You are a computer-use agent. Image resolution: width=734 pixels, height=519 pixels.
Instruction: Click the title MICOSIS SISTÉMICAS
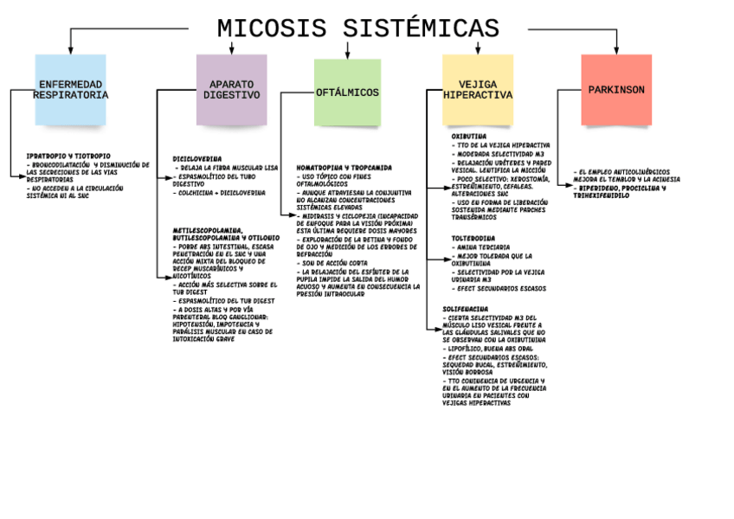357,29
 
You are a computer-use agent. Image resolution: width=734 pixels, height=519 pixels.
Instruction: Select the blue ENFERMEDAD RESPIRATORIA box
70,90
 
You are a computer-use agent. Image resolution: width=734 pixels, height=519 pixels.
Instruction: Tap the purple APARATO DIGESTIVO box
231,90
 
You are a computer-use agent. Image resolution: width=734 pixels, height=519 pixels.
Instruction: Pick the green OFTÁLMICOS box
347,92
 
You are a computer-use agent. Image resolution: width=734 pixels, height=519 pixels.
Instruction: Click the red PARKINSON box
616,90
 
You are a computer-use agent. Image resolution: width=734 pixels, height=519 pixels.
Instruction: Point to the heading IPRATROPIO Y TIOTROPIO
68,156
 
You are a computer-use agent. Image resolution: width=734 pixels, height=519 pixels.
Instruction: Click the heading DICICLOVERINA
197,159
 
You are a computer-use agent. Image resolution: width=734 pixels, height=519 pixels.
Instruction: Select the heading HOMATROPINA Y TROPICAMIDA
344,168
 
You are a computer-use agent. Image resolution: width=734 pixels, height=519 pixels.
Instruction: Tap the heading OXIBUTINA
468,136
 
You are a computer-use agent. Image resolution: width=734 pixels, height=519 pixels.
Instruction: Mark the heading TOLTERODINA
473,238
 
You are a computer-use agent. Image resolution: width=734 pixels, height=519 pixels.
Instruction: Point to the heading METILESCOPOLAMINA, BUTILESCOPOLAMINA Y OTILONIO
226,234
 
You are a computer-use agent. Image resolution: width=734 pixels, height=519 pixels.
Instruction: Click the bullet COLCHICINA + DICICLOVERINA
221,193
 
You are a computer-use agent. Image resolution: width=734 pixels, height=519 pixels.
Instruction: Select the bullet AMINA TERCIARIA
481,247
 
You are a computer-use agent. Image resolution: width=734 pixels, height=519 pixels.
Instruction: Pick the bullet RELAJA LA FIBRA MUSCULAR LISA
227,167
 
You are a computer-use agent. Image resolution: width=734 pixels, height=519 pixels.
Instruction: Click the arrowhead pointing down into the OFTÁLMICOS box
347,54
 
